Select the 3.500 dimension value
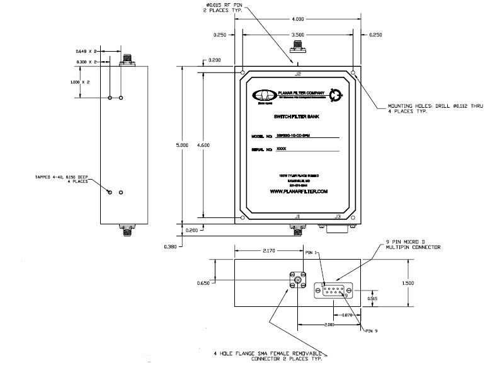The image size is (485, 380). pos(298,35)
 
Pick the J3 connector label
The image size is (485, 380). pos(338,217)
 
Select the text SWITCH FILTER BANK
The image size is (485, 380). pos(294,117)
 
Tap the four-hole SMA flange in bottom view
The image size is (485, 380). pos(297,281)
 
